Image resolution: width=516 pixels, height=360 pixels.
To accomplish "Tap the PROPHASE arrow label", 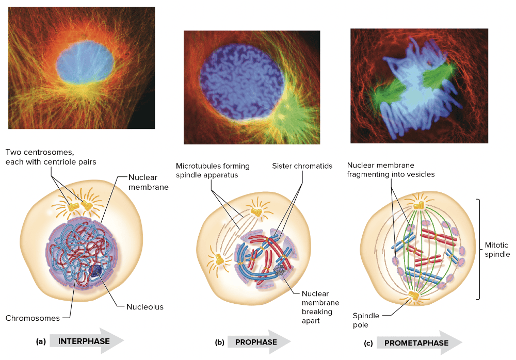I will (256, 342).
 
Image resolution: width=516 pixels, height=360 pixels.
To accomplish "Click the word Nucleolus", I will (145, 307).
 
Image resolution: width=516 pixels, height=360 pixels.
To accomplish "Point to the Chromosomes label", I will (33, 318).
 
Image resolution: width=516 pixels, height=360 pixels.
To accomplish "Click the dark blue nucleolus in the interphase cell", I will (96, 271).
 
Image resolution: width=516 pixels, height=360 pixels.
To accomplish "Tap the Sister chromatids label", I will (302, 166).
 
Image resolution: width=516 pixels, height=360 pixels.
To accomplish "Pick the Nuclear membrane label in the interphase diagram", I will (148, 182).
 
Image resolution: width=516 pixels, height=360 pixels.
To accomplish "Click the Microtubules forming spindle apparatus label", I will (213, 171).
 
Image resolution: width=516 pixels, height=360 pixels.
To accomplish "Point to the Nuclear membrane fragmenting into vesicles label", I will (391, 170).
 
